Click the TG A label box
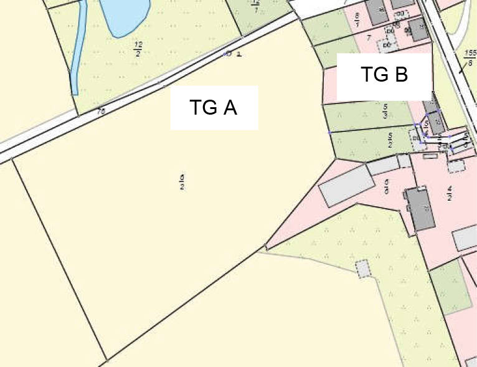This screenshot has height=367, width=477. [x=214, y=107]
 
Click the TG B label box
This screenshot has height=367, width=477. [x=384, y=76]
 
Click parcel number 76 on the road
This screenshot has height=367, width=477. [x=101, y=112]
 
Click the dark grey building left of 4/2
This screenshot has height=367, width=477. [x=419, y=208]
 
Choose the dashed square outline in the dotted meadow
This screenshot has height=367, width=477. [x=362, y=269]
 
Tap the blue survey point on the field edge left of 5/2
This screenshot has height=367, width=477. [x=329, y=133]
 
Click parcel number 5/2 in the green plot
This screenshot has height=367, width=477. [x=390, y=140]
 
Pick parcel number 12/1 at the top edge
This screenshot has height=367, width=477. [x=255, y=6]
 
